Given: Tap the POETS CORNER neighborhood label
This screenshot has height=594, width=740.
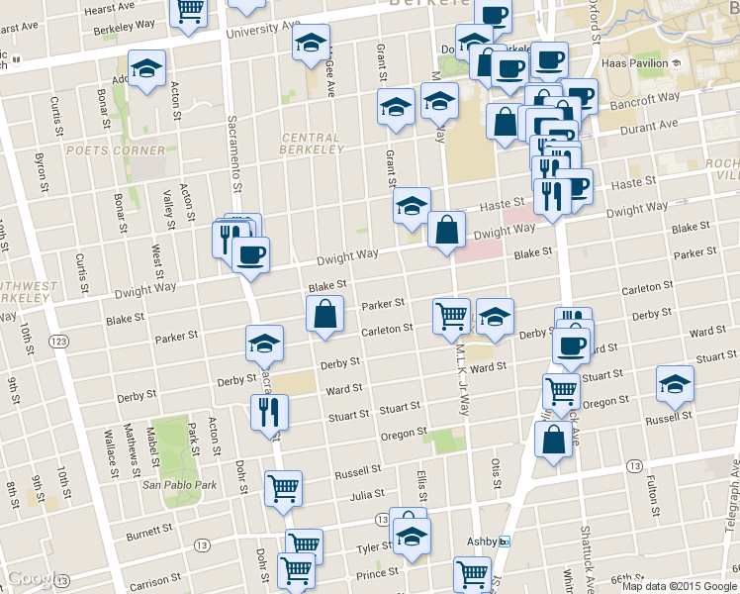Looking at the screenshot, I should click(116, 150).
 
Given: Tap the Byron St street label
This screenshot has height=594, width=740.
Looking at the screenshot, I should click(41, 171).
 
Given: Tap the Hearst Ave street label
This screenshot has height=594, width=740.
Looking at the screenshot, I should click(110, 8).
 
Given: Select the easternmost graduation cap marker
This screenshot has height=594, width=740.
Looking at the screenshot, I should click(675, 382).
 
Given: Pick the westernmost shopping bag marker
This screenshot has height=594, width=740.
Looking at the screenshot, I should click(324, 315).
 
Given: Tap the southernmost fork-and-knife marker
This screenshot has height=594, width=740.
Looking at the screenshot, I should click(268, 411).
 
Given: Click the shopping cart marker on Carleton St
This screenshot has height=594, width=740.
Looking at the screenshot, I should click(451, 316).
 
